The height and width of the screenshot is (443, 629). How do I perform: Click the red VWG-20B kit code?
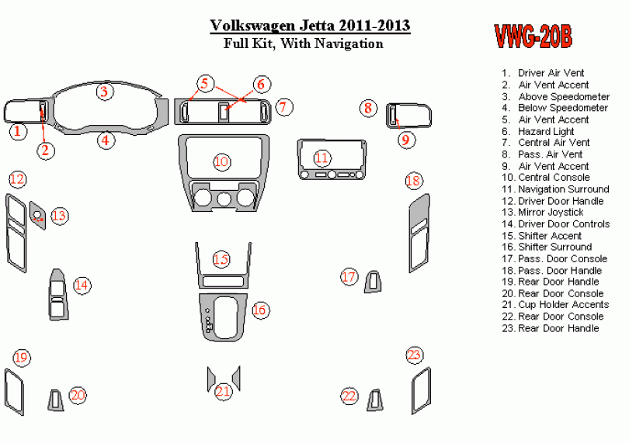coord(533,36)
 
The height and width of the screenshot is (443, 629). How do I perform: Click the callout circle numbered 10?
coord(222,161)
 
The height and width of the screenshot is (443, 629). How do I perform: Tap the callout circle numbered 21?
coord(224,391)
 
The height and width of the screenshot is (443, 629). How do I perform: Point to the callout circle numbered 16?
coord(259,310)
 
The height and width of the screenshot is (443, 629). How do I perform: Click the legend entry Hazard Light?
coord(546,131)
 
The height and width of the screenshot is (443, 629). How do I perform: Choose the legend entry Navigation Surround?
coord(563,189)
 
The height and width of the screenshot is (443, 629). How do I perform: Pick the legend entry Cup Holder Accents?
coord(563,305)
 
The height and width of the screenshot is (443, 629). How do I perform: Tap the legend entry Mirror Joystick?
coord(551,213)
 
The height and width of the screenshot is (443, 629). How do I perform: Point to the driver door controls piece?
coord(59,295)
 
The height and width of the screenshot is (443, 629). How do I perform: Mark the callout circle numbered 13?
coord(59,216)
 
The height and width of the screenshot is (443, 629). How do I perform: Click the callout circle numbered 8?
coord(368,109)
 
